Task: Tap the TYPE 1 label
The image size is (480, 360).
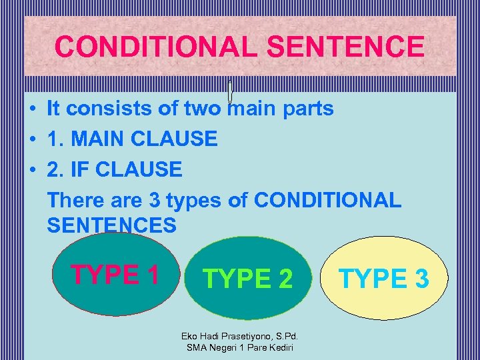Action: coord(115,274)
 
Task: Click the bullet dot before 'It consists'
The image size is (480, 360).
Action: coord(32,109)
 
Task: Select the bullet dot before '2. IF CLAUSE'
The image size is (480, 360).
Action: coord(32,169)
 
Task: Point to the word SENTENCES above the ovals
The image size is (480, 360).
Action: coord(112,225)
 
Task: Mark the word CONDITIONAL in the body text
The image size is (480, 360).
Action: coord(328,199)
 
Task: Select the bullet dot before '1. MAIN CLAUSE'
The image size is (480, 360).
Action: coord(32,139)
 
